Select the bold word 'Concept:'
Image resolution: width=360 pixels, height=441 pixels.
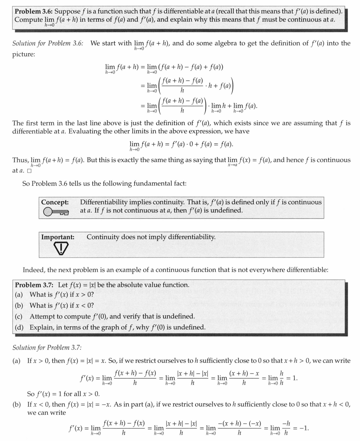tap(55, 202)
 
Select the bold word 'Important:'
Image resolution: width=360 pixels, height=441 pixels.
tap(58, 237)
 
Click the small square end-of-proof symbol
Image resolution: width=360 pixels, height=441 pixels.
tap(29, 171)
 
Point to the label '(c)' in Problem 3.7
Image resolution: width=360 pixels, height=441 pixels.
tap(19, 316)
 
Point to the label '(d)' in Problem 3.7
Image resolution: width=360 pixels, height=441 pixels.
tap(19, 327)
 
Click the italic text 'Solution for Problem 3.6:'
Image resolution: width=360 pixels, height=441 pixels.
tap(48, 43)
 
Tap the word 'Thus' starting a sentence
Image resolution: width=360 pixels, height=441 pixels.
tap(20, 160)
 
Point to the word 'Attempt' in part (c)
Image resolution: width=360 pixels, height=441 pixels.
tap(42, 316)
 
